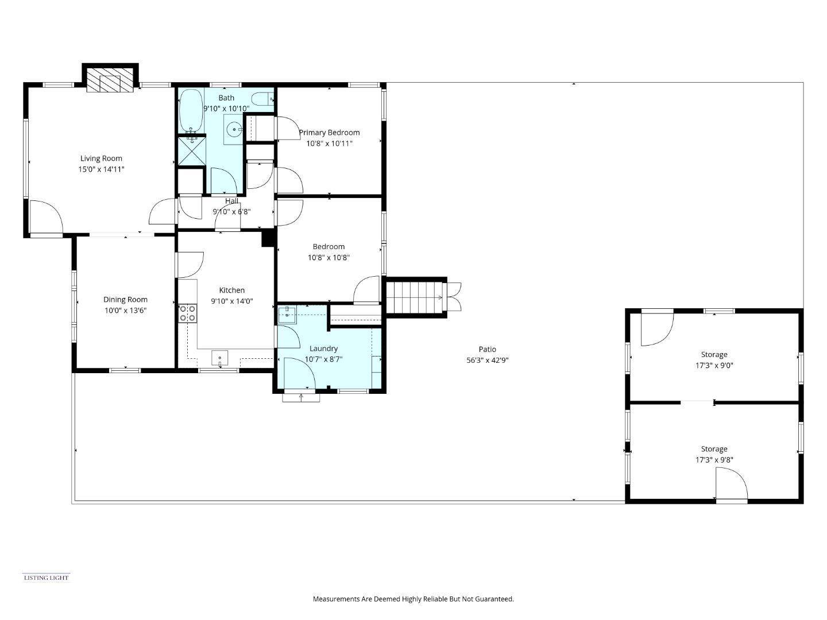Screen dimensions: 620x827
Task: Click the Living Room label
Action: [101, 158]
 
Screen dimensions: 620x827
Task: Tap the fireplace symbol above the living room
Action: [110, 82]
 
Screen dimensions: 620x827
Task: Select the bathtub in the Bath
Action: [191, 110]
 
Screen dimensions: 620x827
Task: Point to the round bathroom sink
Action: [234, 130]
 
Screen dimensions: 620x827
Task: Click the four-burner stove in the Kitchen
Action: [187, 313]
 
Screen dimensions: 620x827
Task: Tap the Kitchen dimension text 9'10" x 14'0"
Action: [232, 301]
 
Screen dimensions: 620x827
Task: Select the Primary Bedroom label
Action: [329, 133]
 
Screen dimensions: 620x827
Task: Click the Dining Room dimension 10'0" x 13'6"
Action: [125, 311]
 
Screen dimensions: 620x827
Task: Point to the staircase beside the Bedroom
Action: [416, 297]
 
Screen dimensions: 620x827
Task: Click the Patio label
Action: [487, 349]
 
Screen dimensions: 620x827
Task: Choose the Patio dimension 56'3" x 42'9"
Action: [487, 361]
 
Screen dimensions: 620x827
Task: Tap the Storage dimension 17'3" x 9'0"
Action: [714, 365]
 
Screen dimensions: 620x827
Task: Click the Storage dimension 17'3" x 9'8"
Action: [714, 460]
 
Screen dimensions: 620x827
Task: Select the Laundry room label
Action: [323, 348]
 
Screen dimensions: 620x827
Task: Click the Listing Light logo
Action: [46, 578]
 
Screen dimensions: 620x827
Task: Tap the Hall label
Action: [231, 201]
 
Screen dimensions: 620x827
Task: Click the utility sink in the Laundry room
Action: [287, 315]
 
